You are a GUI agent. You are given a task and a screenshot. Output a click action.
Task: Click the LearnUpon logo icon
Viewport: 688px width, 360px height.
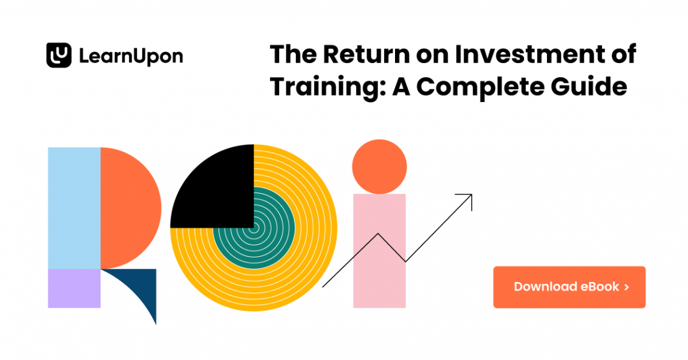(59, 55)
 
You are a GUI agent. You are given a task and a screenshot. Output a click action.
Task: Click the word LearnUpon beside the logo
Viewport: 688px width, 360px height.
(131, 56)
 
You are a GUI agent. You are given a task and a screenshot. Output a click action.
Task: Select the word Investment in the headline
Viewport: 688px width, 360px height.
(529, 55)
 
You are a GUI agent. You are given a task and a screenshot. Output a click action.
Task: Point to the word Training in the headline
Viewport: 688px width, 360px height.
(328, 87)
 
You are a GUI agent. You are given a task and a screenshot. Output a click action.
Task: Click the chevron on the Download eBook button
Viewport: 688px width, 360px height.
(627, 287)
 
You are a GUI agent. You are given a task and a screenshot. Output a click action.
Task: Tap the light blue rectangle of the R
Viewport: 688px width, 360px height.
(74, 208)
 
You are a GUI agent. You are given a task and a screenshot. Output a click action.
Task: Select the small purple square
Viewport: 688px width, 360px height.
(74, 288)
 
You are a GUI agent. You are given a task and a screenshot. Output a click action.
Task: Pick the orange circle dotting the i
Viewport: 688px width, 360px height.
(379, 167)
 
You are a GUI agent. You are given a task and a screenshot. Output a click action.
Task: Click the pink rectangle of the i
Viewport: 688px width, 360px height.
(379, 251)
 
